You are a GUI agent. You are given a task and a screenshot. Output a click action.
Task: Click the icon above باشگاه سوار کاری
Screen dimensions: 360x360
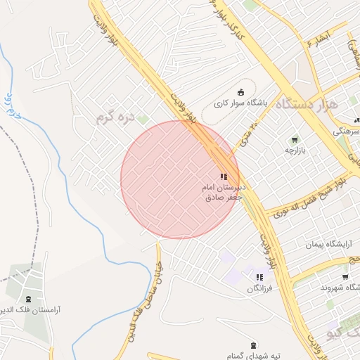coord(241,91)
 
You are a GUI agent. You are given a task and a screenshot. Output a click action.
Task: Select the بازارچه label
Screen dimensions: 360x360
coord(296,150)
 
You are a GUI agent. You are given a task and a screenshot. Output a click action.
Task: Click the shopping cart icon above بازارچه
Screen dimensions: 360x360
coord(295,139)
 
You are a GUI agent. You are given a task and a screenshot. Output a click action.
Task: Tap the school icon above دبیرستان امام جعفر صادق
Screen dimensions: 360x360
coord(223,177)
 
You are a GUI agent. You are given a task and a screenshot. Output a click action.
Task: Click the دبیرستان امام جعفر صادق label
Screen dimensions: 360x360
coord(222,193)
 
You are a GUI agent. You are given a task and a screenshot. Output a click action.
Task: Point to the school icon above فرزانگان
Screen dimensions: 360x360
coord(259,277)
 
